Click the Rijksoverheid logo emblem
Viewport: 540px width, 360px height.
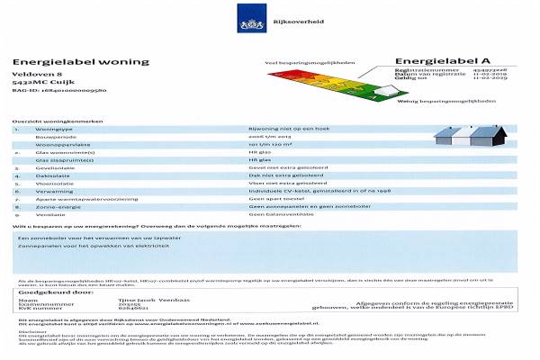[248, 17]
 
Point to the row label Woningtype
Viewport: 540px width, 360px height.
[52, 129]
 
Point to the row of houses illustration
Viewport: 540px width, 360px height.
[469, 136]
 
